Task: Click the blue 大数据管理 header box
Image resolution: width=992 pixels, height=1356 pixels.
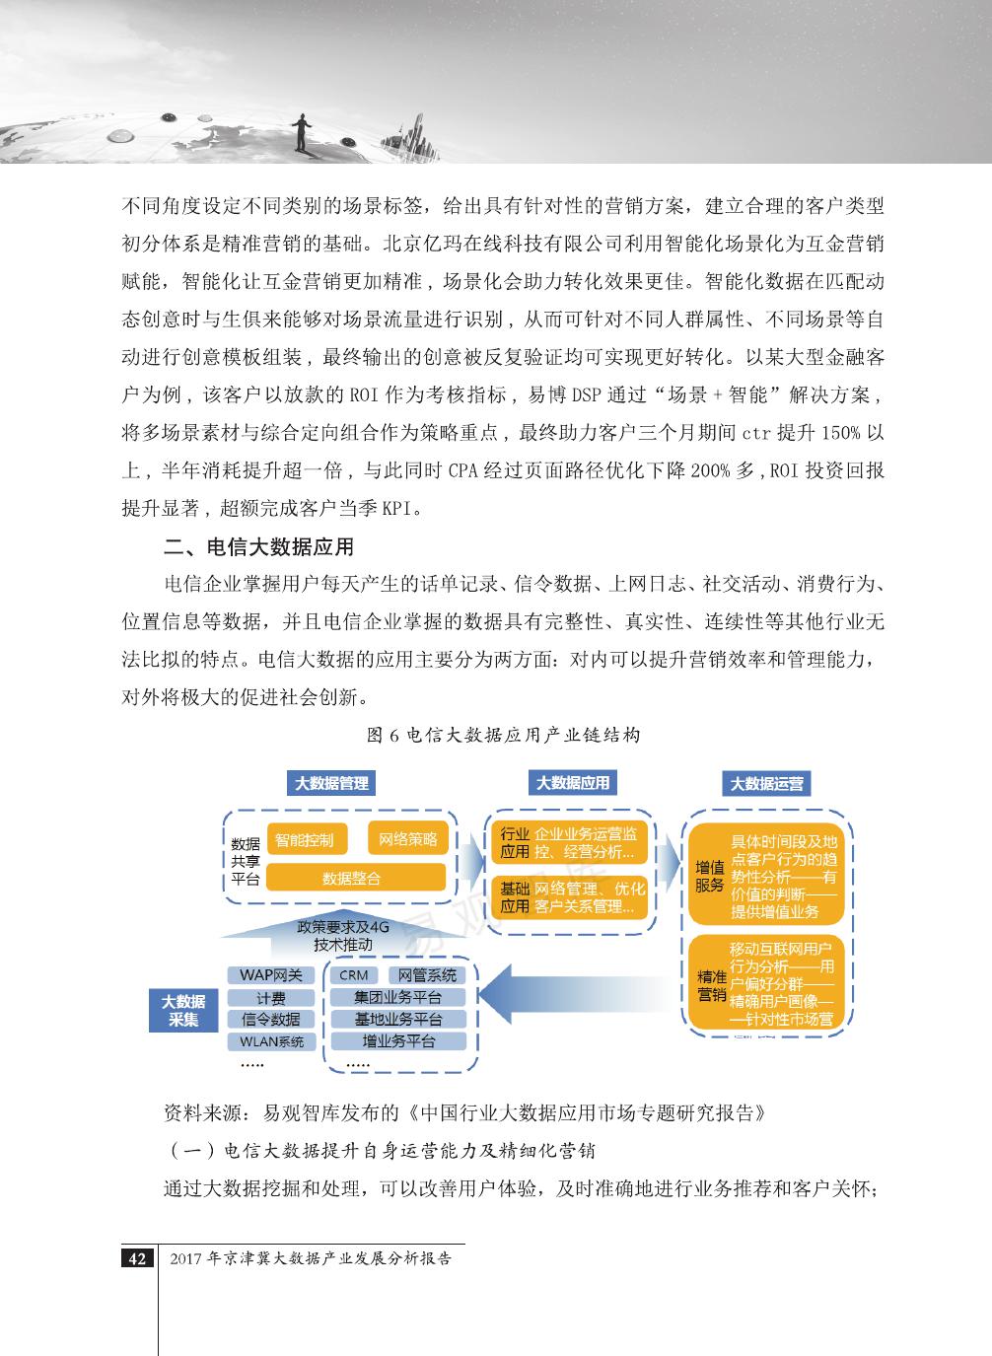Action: [332, 783]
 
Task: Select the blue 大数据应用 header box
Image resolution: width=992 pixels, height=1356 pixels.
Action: [573, 782]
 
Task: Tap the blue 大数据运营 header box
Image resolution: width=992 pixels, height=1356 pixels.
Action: [766, 784]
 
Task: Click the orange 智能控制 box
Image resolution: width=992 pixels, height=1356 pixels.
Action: [305, 840]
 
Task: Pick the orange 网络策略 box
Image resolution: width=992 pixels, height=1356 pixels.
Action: [407, 839]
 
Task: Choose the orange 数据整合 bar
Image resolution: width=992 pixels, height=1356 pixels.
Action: [352, 877]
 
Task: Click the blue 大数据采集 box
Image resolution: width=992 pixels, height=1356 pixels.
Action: [183, 1010]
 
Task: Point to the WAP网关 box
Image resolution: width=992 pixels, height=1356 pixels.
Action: [271, 975]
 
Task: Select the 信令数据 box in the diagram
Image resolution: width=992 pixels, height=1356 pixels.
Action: [271, 1020]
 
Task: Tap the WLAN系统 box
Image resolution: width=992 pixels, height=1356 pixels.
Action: [271, 1041]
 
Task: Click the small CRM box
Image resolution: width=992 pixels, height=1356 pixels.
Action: [353, 975]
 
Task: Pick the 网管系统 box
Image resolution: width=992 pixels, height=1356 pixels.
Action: [428, 975]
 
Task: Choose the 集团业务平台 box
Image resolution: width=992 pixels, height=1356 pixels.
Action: [399, 997]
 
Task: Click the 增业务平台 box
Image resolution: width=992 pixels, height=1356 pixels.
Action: [399, 1041]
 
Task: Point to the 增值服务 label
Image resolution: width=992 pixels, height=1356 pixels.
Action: [710, 876]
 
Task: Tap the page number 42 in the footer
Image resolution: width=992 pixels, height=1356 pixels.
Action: [137, 1258]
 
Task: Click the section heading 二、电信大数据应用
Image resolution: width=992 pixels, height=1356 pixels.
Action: [258, 546]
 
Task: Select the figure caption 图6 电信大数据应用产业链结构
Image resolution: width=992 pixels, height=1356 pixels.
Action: [503, 735]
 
